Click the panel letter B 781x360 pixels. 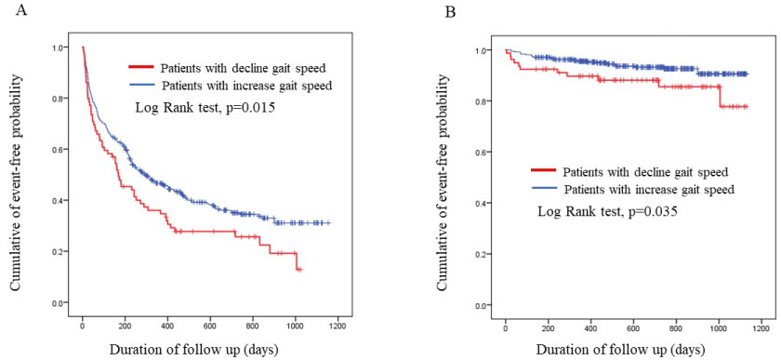[x=450, y=10]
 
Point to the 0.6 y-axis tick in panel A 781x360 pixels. [x=65, y=150]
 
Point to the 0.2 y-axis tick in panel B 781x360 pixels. [x=489, y=254]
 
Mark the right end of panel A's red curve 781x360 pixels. [x=302, y=269]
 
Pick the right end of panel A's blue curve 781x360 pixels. [x=330, y=223]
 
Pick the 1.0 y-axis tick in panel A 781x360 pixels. [x=65, y=47]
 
